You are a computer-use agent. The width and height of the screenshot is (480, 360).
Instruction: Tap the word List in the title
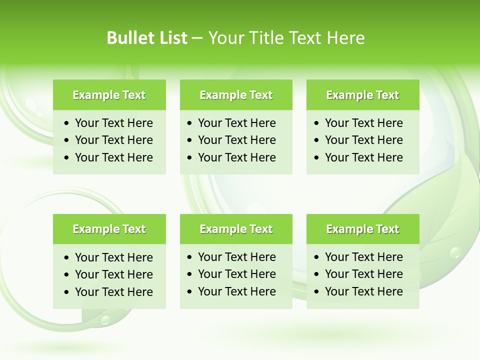pyautogui.click(x=172, y=38)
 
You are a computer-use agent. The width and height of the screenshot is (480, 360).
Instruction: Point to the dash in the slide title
pyautogui.click(x=197, y=38)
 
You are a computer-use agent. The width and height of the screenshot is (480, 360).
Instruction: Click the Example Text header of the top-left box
pyautogui.click(x=109, y=95)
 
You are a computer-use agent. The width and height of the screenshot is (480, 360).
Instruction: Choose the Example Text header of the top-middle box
pyautogui.click(x=236, y=95)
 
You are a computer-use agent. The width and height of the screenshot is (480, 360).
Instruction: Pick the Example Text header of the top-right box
pyautogui.click(x=362, y=95)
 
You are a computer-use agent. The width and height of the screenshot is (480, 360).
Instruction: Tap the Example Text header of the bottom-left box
pyautogui.click(x=109, y=229)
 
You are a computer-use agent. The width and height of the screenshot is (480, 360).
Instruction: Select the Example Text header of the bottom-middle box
pyautogui.click(x=236, y=229)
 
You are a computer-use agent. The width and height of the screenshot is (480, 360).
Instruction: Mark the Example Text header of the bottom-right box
pyautogui.click(x=362, y=229)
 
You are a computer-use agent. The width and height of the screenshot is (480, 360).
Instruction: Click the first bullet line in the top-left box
pyautogui.click(x=113, y=123)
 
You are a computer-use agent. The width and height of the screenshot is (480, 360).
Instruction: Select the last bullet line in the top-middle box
pyautogui.click(x=236, y=157)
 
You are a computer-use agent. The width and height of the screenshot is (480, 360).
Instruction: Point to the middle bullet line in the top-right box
pyautogui.click(x=363, y=140)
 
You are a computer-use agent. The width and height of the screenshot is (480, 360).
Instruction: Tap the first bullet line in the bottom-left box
pyautogui.click(x=113, y=257)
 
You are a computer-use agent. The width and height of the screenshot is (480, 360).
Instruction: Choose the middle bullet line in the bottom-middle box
pyautogui.click(x=236, y=274)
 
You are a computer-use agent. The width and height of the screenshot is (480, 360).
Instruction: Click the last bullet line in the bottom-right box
pyautogui.click(x=363, y=291)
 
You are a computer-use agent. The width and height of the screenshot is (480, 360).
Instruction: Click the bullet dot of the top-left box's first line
pyautogui.click(x=67, y=123)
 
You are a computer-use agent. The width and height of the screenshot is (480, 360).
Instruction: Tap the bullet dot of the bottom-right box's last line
pyautogui.click(x=317, y=292)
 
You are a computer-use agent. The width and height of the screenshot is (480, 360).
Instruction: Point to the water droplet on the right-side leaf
pyautogui.click(x=454, y=253)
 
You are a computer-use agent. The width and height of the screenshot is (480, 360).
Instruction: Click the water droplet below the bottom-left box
pyautogui.click(x=104, y=319)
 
